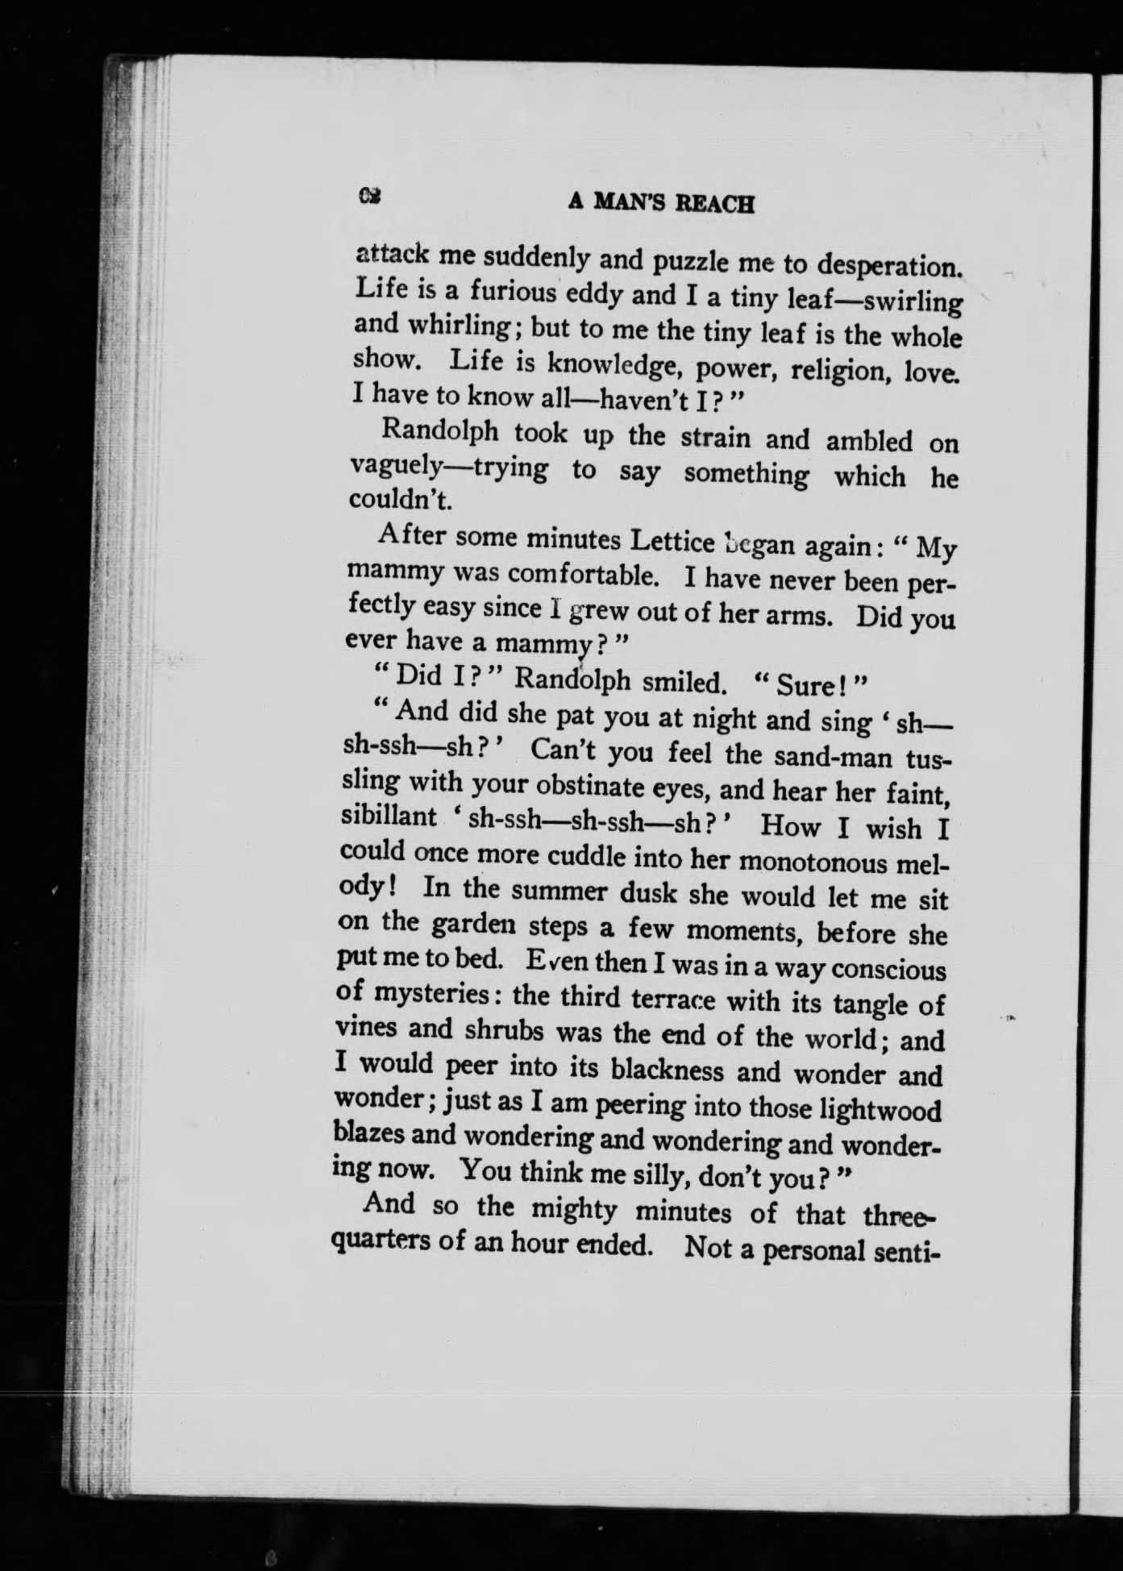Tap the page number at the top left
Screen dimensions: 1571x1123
click(371, 196)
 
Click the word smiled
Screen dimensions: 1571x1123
click(684, 683)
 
